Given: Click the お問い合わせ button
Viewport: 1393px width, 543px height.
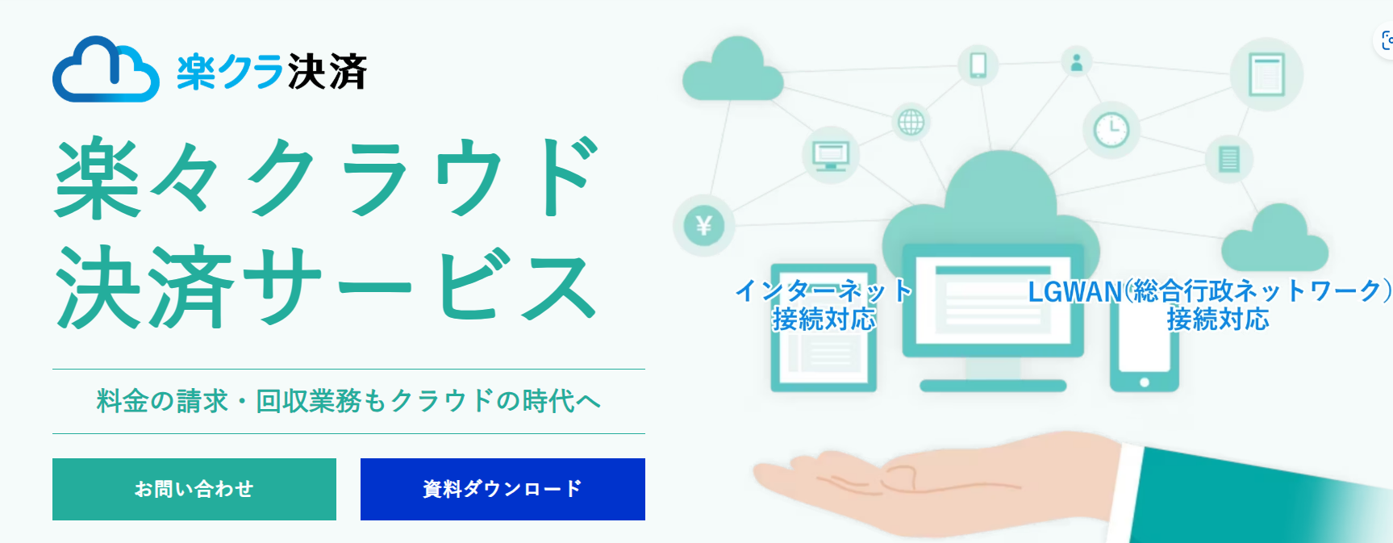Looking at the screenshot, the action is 194,489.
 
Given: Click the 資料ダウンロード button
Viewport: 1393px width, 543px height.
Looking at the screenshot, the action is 503,489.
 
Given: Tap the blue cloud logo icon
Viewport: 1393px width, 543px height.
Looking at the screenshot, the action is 106,69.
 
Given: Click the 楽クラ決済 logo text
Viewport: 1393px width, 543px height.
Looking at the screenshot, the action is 272,72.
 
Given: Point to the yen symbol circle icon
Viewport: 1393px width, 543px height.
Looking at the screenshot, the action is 703,226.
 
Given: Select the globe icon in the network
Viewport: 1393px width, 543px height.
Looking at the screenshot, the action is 911,123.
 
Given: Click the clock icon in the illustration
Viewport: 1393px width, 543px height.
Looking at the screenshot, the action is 1111,130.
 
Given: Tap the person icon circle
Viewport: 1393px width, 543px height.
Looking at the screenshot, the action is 1076,62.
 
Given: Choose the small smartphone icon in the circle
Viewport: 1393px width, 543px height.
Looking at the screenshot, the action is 978,65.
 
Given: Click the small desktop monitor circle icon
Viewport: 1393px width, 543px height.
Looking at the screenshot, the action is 830,154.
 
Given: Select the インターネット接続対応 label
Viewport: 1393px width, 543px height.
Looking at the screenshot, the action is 824,305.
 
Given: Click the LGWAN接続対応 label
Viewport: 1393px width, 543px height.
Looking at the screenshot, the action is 1210,305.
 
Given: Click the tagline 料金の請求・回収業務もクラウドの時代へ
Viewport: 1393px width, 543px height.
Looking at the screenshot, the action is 348,401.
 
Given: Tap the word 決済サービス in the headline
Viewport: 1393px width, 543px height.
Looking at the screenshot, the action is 326,287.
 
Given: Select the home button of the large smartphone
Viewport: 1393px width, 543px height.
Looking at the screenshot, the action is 1144,382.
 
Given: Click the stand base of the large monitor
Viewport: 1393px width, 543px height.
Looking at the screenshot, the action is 993,386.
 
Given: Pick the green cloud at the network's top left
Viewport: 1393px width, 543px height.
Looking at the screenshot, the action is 732,70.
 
